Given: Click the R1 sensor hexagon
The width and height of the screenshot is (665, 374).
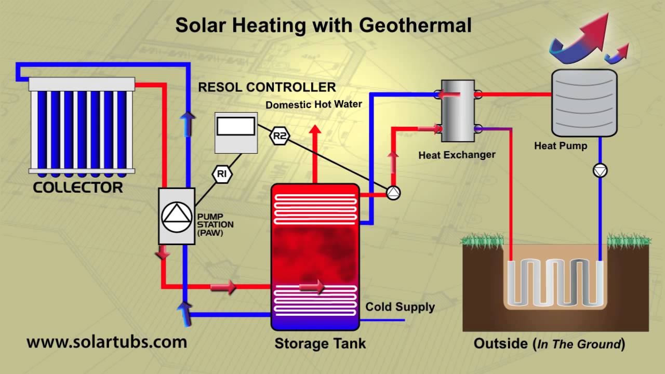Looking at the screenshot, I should [x=222, y=174].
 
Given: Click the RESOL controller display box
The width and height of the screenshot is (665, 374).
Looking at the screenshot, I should [x=236, y=127].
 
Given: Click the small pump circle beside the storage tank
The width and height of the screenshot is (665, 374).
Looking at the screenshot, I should [x=393, y=193].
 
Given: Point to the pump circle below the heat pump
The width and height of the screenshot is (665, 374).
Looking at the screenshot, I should [x=600, y=170].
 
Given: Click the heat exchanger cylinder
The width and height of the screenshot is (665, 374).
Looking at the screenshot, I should [x=457, y=111].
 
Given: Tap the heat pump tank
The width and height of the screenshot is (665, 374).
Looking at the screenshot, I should [x=584, y=102].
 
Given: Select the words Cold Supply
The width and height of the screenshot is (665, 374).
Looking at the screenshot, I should [x=400, y=306].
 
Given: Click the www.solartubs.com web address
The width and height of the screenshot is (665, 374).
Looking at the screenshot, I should [x=107, y=342].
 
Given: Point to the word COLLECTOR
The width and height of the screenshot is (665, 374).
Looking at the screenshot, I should [x=78, y=188].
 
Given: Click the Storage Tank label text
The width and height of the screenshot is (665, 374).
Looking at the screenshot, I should [x=320, y=343].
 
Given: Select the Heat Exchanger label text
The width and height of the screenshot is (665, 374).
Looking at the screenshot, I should [x=457, y=155].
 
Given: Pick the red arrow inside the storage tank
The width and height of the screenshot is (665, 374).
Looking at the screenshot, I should [x=312, y=286].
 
